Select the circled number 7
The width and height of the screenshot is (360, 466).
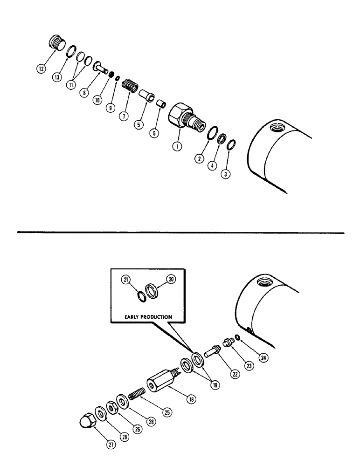[123, 116]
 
